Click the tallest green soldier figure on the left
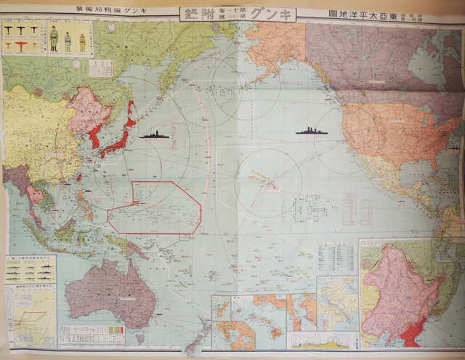point(53,39)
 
